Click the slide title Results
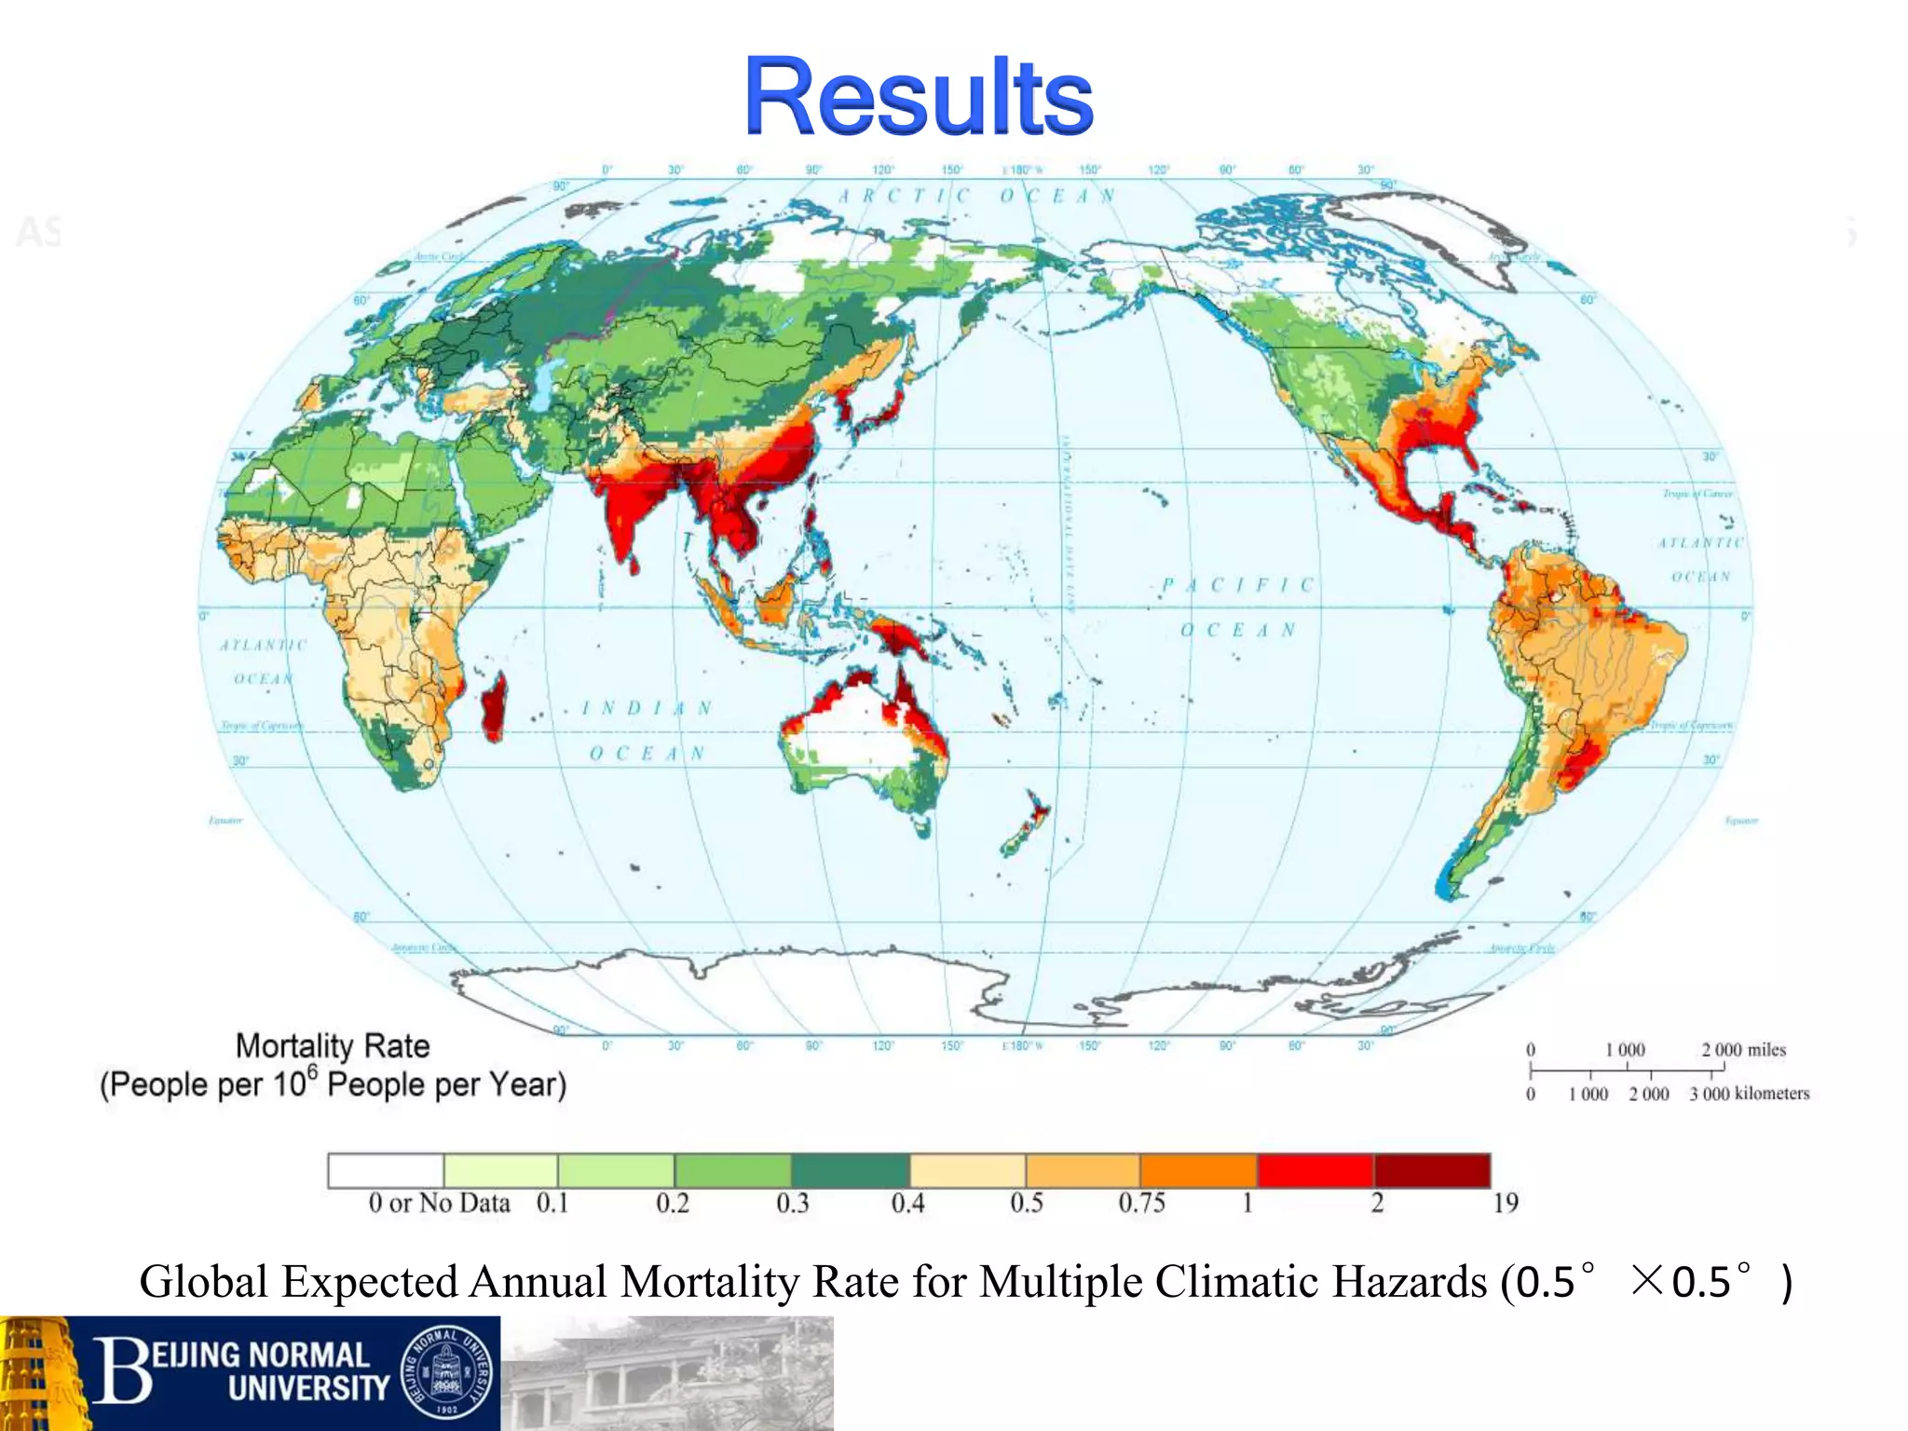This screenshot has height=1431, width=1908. coord(918,96)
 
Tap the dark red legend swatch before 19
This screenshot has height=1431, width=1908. coord(1432,1169)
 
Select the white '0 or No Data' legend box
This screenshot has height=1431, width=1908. coord(386,1169)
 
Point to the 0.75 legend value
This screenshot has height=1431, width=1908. coord(1141,1203)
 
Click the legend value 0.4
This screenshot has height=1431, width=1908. coord(907,1203)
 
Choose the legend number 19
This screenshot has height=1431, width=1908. coord(1505,1203)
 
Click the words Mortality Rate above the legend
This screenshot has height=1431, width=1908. coord(333,1045)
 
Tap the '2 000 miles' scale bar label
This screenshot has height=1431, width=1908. coord(1743,1050)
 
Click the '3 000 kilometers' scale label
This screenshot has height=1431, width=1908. coord(1749,1094)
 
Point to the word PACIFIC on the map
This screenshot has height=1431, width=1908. coord(1238,585)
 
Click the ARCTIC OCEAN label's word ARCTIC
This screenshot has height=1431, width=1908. coord(904,196)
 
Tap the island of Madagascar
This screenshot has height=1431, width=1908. coord(494,705)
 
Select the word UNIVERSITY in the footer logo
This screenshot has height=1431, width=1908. coord(308,1388)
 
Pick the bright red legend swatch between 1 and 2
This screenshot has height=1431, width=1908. coord(1315,1169)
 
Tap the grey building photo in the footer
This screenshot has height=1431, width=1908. coord(667,1374)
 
